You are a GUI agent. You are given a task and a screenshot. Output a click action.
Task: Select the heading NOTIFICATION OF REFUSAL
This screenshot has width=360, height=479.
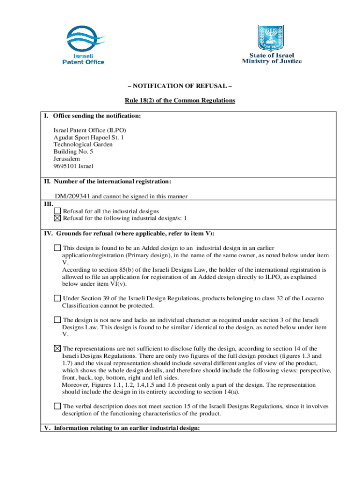[x=180, y=87]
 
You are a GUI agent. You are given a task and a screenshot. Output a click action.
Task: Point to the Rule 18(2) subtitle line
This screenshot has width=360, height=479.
[x=180, y=101]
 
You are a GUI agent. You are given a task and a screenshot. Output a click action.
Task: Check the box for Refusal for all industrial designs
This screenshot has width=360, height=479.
[x=58, y=211]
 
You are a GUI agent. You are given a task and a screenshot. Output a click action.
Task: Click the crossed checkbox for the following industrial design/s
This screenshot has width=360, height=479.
[x=58, y=218]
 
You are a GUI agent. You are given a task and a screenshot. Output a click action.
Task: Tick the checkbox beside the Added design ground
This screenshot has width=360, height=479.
[x=57, y=248]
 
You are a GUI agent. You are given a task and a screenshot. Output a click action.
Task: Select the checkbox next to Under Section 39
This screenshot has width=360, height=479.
[x=57, y=298]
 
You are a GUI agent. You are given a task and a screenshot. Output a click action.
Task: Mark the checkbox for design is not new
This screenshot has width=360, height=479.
[x=57, y=320]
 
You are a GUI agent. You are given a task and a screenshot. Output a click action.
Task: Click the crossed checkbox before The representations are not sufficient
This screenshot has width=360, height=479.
[x=57, y=348]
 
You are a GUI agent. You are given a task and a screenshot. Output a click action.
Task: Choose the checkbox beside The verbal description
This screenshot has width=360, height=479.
[x=57, y=406]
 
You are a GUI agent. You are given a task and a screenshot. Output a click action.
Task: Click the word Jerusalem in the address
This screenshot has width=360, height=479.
[x=66, y=159]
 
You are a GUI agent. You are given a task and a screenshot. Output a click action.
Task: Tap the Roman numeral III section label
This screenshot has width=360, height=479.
[x=48, y=204]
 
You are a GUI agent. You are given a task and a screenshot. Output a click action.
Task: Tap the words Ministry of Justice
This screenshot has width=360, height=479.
[x=272, y=61]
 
